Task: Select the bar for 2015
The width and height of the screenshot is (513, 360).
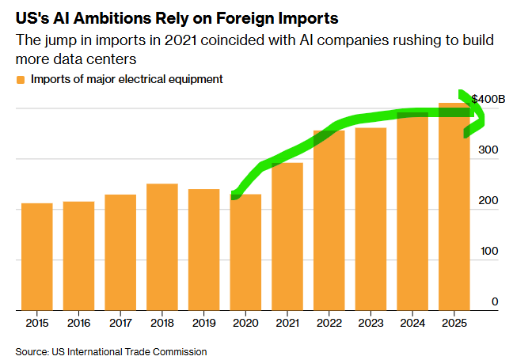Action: point(37,256)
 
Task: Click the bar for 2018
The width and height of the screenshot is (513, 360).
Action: point(162,247)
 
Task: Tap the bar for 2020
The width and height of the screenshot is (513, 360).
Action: point(245,252)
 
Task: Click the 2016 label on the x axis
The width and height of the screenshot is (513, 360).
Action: point(79,324)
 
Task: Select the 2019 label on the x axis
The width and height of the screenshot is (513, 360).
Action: point(204,324)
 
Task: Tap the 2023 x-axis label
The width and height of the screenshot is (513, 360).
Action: point(370,324)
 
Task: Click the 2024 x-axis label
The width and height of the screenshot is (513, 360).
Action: point(412,324)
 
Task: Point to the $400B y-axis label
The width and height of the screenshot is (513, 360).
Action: point(488,99)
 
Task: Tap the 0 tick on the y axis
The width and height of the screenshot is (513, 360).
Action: point(495,301)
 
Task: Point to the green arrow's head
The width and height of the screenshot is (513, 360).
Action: point(479,115)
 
